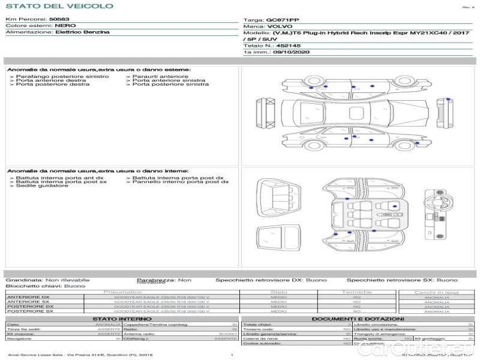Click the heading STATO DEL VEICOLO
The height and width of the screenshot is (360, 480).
tap(59, 6)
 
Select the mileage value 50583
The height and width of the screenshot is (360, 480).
tap(59, 20)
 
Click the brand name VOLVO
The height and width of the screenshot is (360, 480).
tap(279, 27)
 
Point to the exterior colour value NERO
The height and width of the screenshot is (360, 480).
tap(64, 26)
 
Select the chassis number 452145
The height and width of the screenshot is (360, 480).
tap(288, 45)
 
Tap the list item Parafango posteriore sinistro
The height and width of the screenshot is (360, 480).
tap(62, 77)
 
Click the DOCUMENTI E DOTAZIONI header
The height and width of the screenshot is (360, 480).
tap(358, 319)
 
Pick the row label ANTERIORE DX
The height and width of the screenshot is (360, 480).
tap(28, 297)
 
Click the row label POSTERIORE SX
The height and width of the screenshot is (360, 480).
tap(29, 311)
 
